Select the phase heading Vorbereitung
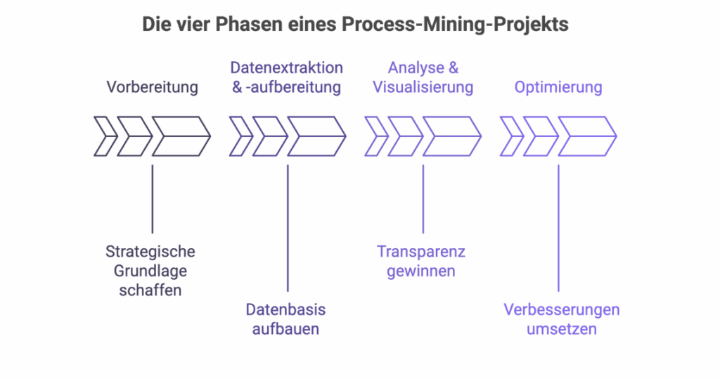(152, 87)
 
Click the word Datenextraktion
(287, 68)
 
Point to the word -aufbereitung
(295, 87)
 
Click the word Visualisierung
(423, 87)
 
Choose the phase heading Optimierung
(558, 87)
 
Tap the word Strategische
(150, 251)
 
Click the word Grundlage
(152, 271)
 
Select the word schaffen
(152, 290)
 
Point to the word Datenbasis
(285, 309)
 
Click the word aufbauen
(285, 328)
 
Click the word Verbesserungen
(561, 309)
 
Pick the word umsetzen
(561, 328)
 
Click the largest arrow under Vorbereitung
(181, 136)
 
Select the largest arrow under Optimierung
(586, 136)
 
